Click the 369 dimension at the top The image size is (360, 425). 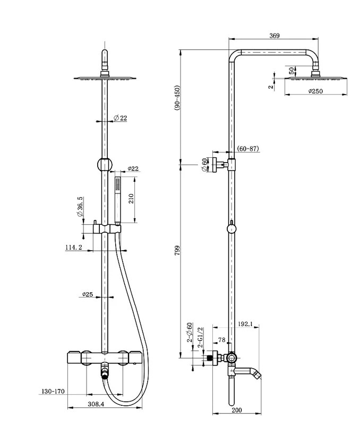click(x=275, y=36)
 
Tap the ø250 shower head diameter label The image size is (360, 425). click(x=315, y=91)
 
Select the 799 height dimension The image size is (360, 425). click(x=177, y=251)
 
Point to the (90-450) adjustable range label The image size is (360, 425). click(x=177, y=98)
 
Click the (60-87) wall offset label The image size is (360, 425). click(x=248, y=149)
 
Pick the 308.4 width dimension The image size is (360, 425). click(x=96, y=404)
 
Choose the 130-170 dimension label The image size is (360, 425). click(x=53, y=391)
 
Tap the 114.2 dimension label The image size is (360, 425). click(x=74, y=247)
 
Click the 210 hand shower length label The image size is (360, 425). click(x=131, y=199)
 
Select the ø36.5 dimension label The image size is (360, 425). click(x=80, y=207)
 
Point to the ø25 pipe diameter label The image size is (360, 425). click(x=88, y=294)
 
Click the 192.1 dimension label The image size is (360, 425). click(x=245, y=324)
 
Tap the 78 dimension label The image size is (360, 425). click(x=221, y=340)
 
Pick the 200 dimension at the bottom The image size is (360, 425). click(x=237, y=418)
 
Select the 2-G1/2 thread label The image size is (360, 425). click(x=201, y=337)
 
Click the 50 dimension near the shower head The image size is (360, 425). click(x=291, y=71)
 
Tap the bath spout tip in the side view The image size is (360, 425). click(x=258, y=376)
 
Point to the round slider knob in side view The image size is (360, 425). click(x=231, y=229)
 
